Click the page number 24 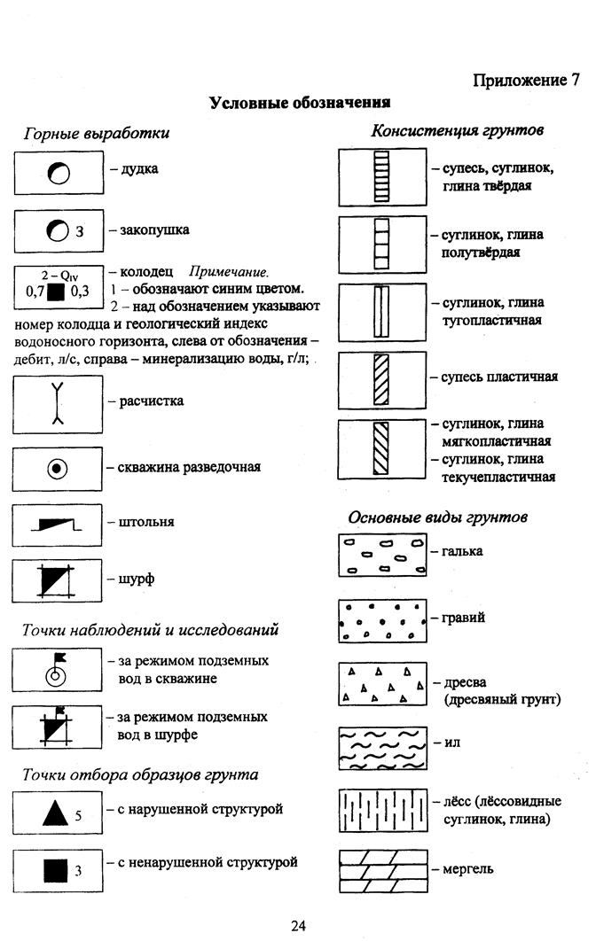coord(298,926)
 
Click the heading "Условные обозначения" coord(300,102)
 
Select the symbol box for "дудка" coord(59,173)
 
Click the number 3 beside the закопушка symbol coord(80,233)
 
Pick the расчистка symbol coord(59,403)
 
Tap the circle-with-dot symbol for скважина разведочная coord(59,467)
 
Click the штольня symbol coord(58,525)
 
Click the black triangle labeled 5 coord(55,813)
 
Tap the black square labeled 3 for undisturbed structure coord(56,870)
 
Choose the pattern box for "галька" coord(382,556)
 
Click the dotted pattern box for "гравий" coord(382,620)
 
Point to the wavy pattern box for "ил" coord(382,747)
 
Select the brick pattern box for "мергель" coord(382,872)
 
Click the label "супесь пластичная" coord(499,377)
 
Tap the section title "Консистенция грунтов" coord(457,131)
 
